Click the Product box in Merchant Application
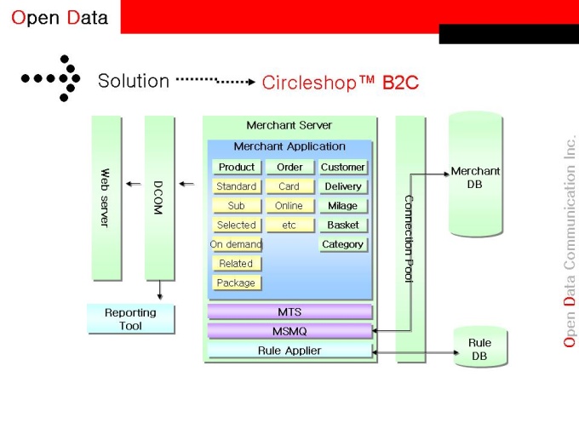click(x=237, y=167)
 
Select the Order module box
click(x=289, y=167)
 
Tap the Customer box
click(x=343, y=167)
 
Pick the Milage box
click(x=343, y=206)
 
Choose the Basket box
click(x=343, y=226)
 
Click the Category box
click(x=343, y=244)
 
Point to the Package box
click(x=236, y=283)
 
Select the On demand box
click(x=236, y=244)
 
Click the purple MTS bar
click(x=289, y=312)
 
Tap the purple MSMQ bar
click(x=289, y=331)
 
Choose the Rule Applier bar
click(x=289, y=351)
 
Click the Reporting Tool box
click(x=130, y=319)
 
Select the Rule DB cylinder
click(x=479, y=349)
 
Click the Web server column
click(x=106, y=197)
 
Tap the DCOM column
click(x=158, y=197)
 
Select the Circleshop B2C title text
click(x=341, y=83)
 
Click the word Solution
click(x=134, y=81)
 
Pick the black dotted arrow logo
click(x=52, y=78)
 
